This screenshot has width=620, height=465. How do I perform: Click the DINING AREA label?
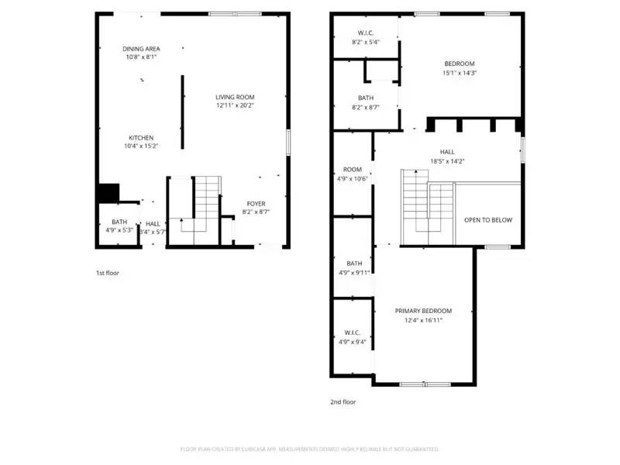(x=141, y=48)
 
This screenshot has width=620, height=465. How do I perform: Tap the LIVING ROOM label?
(x=235, y=97)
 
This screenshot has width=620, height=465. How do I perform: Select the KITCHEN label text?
(x=141, y=137)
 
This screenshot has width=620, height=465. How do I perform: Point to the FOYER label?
(x=256, y=203)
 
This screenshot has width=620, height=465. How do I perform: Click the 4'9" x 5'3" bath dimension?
(x=119, y=230)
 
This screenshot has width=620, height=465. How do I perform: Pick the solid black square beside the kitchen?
(x=108, y=192)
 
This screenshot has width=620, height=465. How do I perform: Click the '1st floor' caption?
(x=107, y=273)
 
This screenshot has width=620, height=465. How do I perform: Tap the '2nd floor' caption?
(x=343, y=401)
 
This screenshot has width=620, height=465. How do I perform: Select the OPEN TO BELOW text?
(x=487, y=220)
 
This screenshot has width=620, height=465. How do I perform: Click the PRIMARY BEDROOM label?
(x=422, y=311)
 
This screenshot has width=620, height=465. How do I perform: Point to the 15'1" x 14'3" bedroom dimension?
(x=459, y=73)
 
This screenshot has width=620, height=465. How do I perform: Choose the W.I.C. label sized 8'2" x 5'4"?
(x=366, y=33)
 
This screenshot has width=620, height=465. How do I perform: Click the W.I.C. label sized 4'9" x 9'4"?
(x=353, y=332)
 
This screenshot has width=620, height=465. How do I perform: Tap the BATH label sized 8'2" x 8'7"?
(x=366, y=98)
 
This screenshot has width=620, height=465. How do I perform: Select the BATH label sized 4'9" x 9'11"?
(x=354, y=263)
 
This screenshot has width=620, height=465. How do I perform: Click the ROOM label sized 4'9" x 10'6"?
(x=353, y=169)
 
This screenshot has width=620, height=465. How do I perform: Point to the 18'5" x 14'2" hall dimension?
(x=447, y=161)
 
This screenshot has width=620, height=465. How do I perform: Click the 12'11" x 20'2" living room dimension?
(x=235, y=105)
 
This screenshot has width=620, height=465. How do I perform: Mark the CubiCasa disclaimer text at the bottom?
(x=310, y=449)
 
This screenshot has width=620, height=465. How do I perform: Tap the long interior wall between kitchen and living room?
(x=183, y=112)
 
